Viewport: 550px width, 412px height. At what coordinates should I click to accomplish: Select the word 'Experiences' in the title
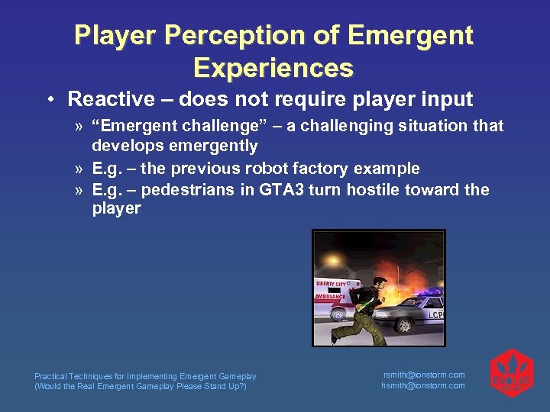click(273, 68)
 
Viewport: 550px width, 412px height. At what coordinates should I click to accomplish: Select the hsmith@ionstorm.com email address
click(423, 385)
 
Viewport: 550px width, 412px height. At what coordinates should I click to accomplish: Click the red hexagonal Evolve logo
click(511, 374)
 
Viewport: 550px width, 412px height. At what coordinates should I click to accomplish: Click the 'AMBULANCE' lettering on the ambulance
click(330, 296)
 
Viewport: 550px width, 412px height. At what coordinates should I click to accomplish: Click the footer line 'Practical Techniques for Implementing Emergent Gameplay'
click(145, 376)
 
